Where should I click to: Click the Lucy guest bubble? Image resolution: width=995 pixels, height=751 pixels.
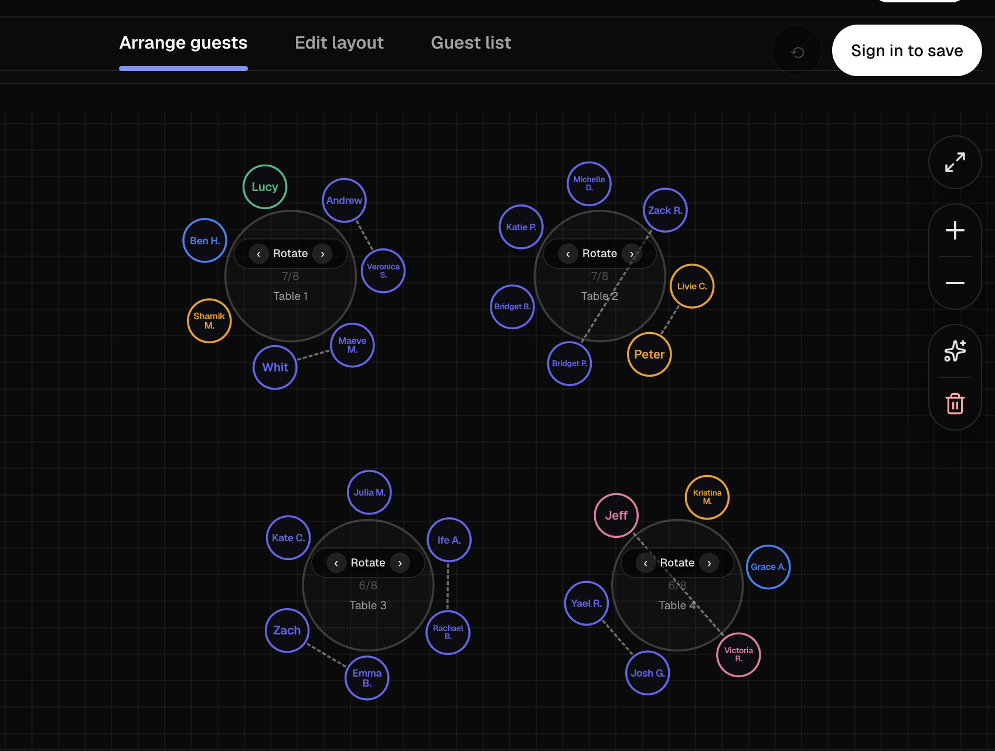coord(265,187)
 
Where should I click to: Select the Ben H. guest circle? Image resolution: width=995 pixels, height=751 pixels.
coord(205,241)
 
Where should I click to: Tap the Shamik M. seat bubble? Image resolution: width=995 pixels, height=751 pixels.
coord(209,320)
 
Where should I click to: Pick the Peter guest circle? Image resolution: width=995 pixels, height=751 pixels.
coord(649,354)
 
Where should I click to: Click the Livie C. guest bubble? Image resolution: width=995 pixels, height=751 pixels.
coord(692,286)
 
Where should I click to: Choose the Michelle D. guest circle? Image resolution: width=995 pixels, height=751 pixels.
coord(589,183)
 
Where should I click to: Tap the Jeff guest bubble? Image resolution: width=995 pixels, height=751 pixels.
coord(616,516)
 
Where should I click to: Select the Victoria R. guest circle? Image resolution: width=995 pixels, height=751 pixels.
coord(738,654)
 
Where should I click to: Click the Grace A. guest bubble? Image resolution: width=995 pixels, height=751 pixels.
coord(768,567)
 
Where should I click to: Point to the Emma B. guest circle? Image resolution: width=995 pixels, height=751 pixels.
coord(367,678)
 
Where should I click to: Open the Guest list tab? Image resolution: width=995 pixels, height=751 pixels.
coord(471,43)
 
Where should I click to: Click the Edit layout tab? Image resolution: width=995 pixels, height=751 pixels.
coord(339,43)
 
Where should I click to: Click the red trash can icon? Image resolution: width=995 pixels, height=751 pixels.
coord(955,404)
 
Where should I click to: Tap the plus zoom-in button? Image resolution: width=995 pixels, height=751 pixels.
coord(955,230)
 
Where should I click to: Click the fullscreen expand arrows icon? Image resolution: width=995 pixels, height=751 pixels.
coord(955,162)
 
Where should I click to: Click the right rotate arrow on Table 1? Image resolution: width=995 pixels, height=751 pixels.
coord(322,254)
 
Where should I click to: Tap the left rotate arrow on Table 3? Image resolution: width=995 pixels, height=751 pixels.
coord(336,563)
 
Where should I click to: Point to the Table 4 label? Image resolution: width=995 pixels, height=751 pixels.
coord(677,605)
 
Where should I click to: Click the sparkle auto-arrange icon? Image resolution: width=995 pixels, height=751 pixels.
coord(955,351)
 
